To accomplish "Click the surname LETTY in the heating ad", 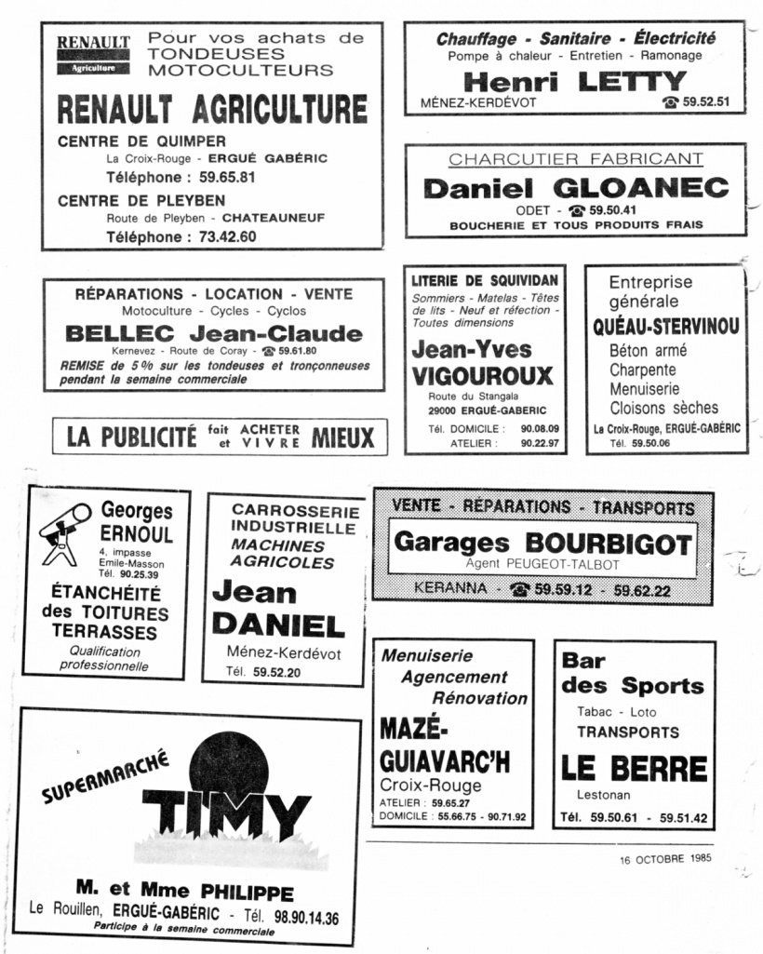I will point(632,82).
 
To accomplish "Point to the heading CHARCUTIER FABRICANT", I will point(576,159).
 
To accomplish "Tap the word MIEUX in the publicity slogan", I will point(343,437).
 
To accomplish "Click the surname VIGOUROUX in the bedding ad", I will point(482,376).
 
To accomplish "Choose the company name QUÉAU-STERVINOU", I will point(666,327).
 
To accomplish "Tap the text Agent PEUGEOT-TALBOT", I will point(542,564).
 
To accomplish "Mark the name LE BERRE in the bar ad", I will point(634,769).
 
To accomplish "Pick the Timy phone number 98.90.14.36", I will point(302,917).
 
